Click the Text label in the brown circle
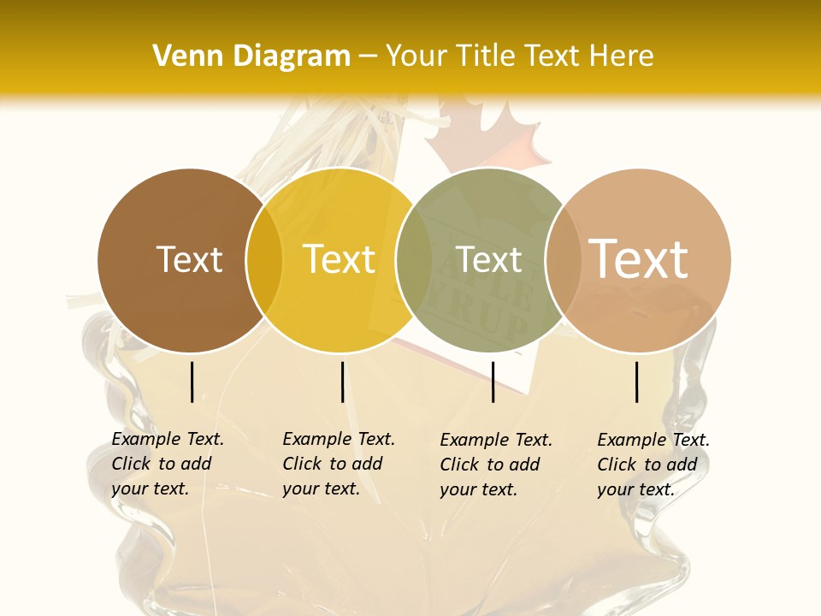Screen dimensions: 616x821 pyautogui.click(x=189, y=259)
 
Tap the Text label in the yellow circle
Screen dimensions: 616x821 pyautogui.click(x=339, y=259)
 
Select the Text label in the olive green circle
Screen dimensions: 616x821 pyautogui.click(x=488, y=259)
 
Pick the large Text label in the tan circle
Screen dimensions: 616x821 pyautogui.click(x=638, y=258)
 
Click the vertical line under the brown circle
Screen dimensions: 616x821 pyautogui.click(x=192, y=382)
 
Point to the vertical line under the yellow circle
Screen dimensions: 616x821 pyautogui.click(x=342, y=382)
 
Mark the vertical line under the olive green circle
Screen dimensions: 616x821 pyautogui.click(x=493, y=382)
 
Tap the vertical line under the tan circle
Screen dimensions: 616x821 pyautogui.click(x=637, y=382)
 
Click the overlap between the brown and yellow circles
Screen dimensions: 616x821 pyautogui.click(x=264, y=260)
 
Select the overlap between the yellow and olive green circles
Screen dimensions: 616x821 pyautogui.click(x=414, y=260)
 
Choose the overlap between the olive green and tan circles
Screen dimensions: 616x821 pyautogui.click(x=564, y=260)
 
